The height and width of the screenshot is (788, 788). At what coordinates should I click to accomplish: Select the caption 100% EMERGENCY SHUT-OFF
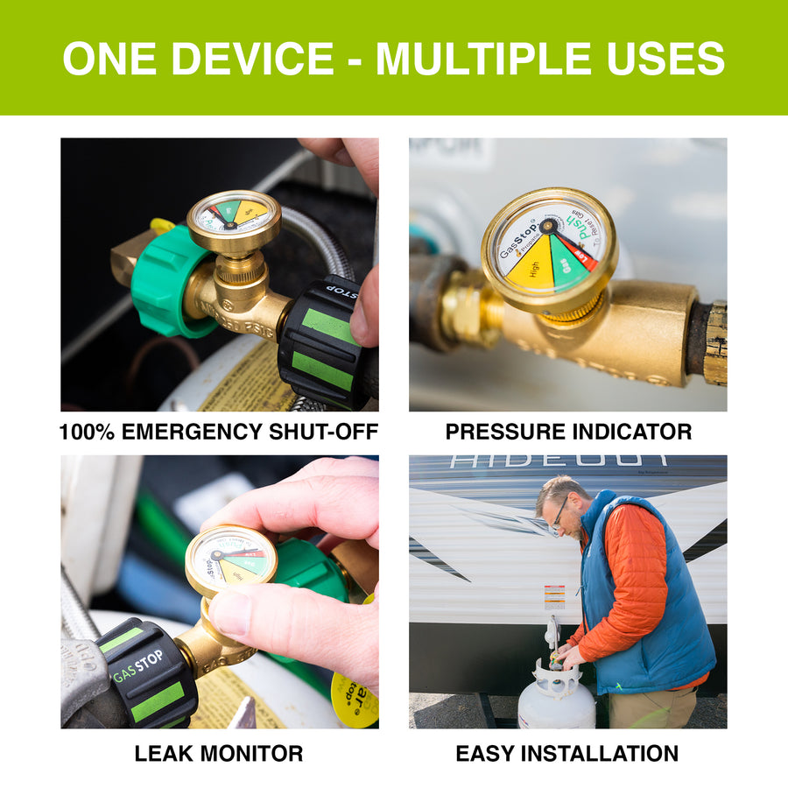(x=219, y=432)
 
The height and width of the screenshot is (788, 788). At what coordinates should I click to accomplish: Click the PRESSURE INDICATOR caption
(x=568, y=432)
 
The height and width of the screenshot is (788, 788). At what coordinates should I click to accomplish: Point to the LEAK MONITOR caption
(x=219, y=753)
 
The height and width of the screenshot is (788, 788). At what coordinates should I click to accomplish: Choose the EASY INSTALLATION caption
(x=567, y=753)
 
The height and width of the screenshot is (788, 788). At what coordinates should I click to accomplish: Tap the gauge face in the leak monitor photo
(x=230, y=559)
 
